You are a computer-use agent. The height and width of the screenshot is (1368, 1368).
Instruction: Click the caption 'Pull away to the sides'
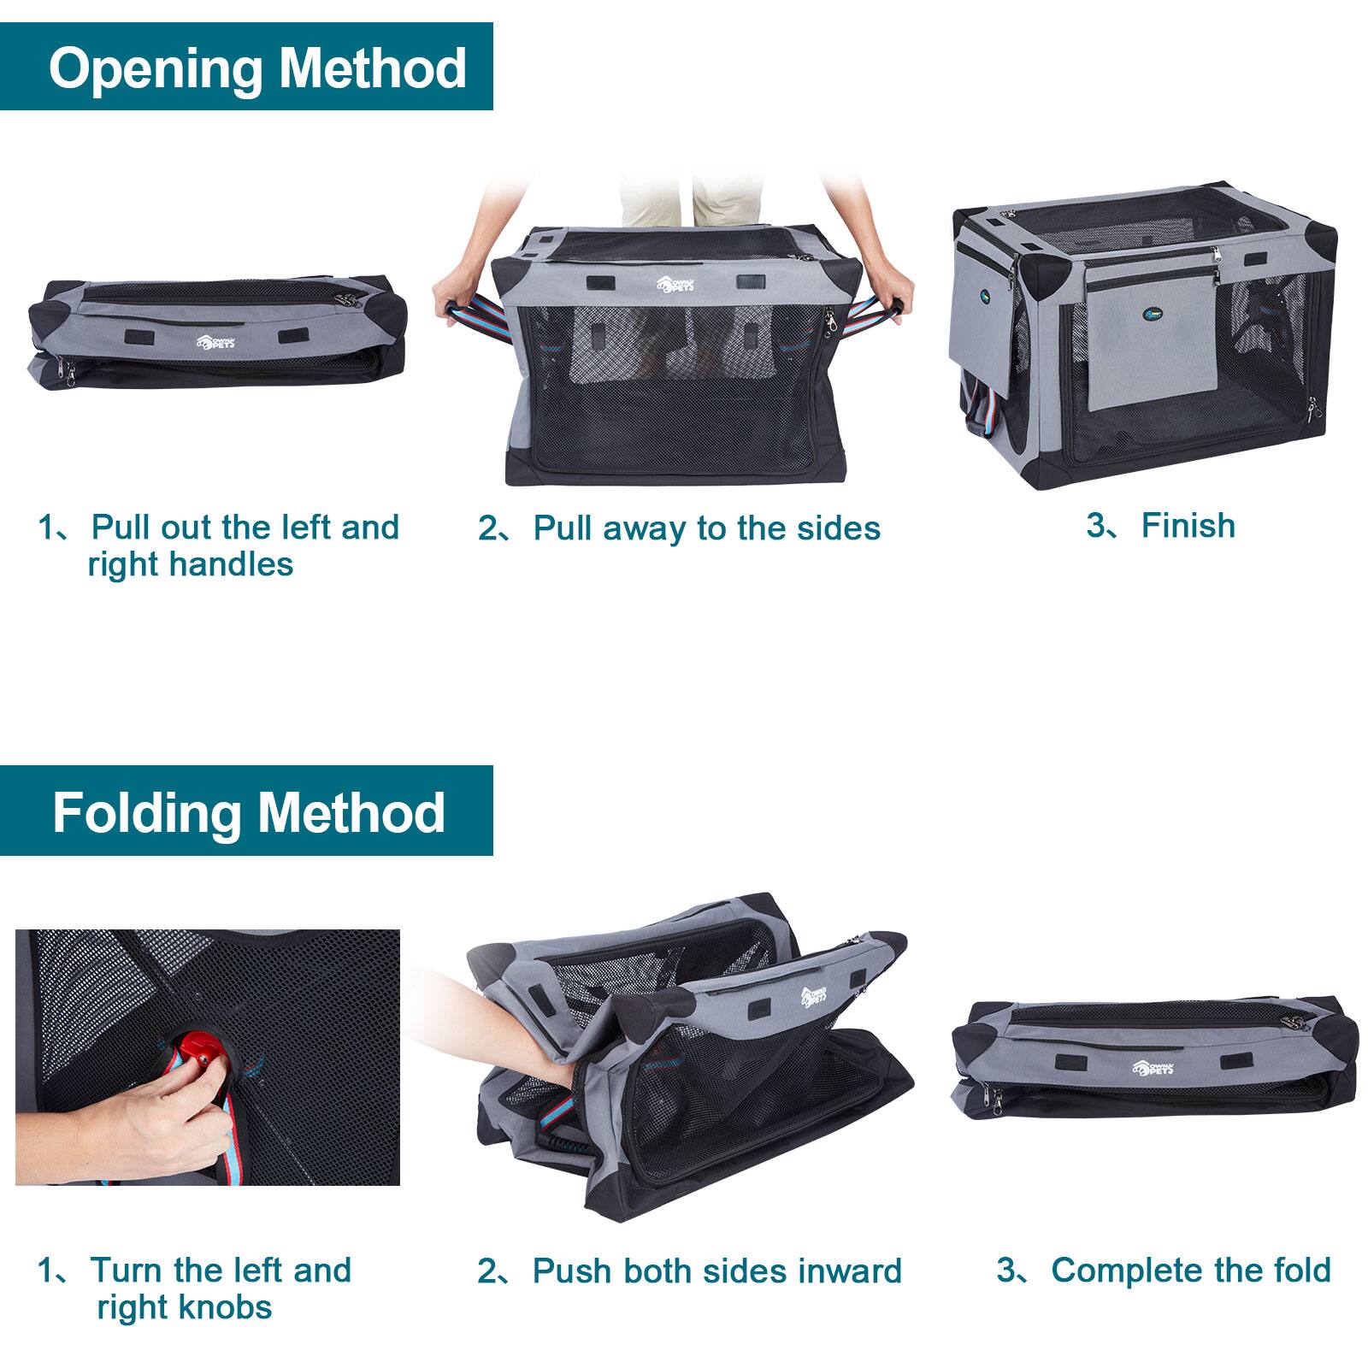(x=706, y=528)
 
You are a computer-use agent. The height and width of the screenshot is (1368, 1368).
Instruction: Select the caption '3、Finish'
(x=1160, y=525)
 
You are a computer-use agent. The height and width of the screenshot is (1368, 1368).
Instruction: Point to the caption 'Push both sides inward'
(x=716, y=1271)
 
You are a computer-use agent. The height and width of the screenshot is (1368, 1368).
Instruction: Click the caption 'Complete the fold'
(x=1190, y=1270)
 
